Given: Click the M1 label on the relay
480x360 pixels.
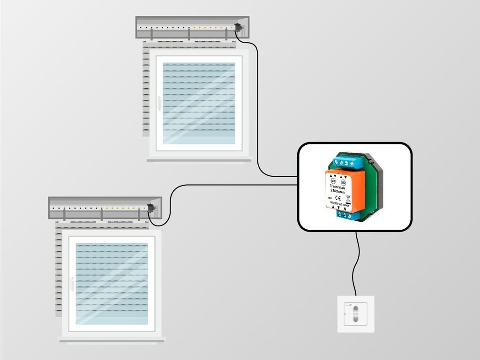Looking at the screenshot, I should click(x=333, y=180).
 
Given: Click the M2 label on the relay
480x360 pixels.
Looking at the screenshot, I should click(x=343, y=182).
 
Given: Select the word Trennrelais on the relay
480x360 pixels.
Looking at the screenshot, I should click(x=337, y=187).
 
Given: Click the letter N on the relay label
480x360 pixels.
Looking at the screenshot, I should click(x=345, y=209).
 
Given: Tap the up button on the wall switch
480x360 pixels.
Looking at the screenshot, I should click(x=355, y=309).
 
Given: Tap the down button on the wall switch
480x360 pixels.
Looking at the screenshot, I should click(x=355, y=320).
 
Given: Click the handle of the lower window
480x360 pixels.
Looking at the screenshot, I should click(x=72, y=284).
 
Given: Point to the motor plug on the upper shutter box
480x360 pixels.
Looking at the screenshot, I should click(x=240, y=28).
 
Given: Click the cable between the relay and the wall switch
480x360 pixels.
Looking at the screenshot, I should click(x=357, y=262).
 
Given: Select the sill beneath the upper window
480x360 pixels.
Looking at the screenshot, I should click(x=199, y=160).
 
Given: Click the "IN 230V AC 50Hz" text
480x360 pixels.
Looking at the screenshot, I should click(x=339, y=203).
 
